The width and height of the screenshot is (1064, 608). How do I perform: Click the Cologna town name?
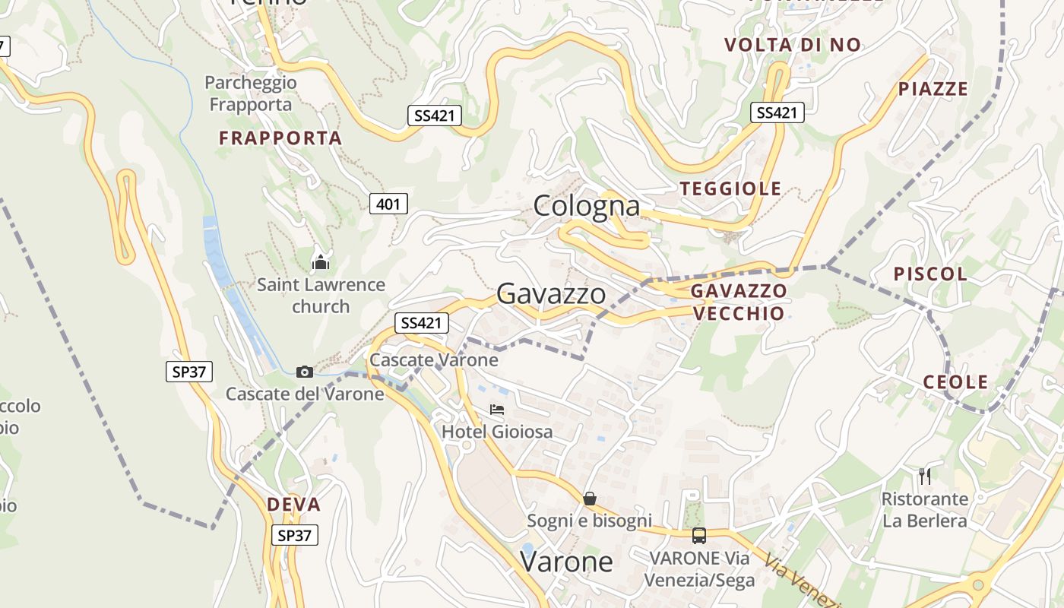(586, 206)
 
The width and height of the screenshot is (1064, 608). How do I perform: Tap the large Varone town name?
(566, 562)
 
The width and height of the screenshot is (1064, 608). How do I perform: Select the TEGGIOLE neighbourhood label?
(730, 188)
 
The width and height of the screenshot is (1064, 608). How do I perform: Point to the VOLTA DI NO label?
(793, 45)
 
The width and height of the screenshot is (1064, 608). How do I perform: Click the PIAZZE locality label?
(933, 89)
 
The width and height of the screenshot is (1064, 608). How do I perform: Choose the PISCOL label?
(930, 274)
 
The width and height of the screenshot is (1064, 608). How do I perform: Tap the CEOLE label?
(955, 382)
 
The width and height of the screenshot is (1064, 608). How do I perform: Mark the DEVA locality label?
(293, 505)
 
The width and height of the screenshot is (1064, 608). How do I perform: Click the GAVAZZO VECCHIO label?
(738, 302)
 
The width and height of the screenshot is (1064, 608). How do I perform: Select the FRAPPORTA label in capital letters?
(280, 138)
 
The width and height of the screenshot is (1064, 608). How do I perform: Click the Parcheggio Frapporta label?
(251, 93)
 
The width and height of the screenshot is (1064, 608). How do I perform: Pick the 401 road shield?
(388, 204)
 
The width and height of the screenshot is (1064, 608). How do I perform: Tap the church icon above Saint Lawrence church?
(321, 263)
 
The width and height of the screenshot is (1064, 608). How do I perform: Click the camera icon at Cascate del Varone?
(304, 372)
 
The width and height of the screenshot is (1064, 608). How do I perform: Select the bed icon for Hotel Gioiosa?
(497, 410)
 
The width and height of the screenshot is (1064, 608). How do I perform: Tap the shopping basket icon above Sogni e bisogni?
(589, 499)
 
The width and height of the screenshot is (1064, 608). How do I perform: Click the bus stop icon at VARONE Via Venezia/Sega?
(699, 536)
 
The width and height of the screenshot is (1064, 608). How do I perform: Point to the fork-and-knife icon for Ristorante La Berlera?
(924, 477)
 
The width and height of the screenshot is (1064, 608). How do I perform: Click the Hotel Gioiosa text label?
(497, 432)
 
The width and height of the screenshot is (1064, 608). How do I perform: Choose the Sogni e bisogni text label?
(589, 521)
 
